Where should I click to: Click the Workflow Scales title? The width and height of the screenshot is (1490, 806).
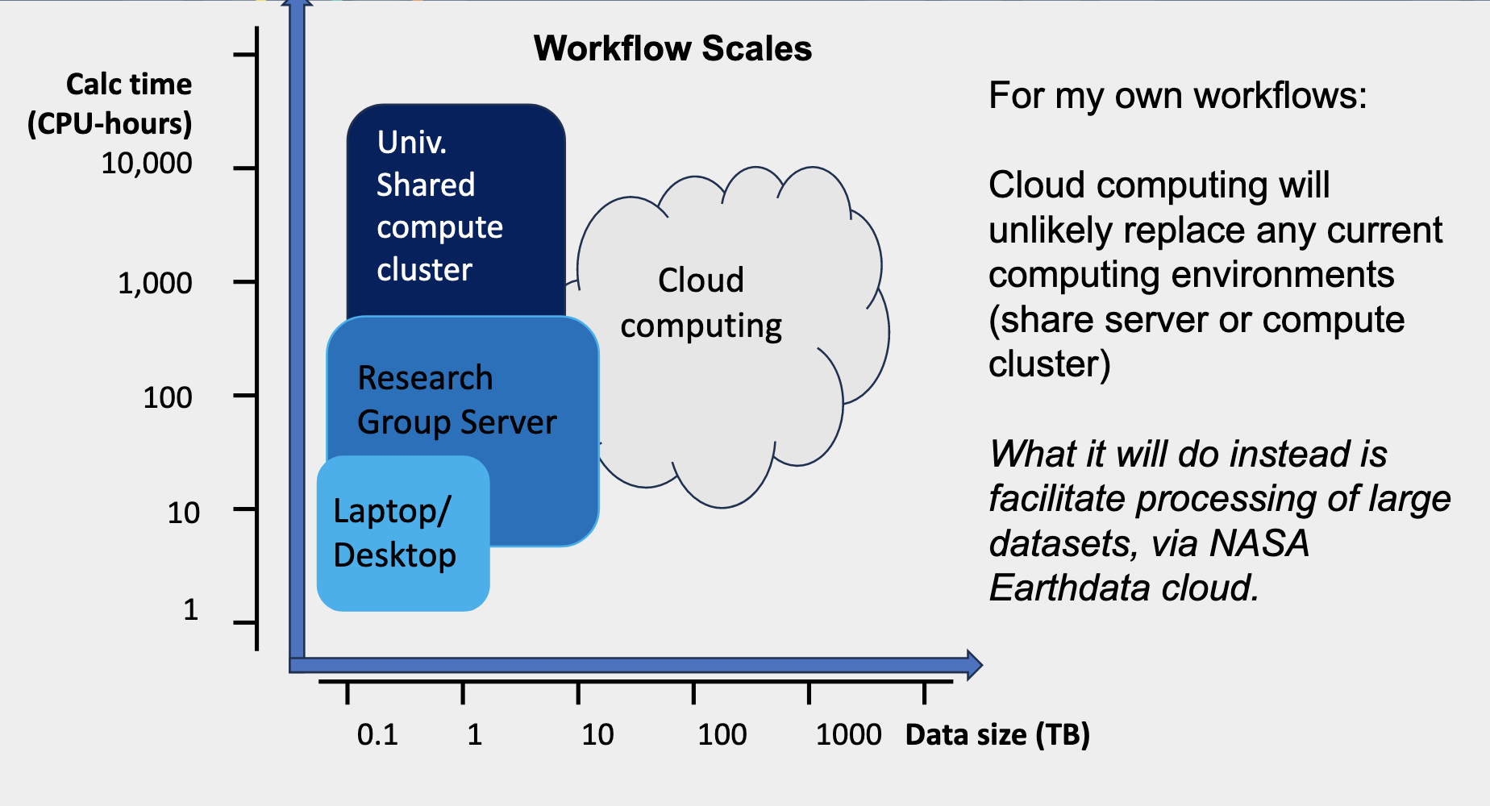[x=672, y=48]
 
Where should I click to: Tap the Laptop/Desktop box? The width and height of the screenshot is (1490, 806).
[x=403, y=534]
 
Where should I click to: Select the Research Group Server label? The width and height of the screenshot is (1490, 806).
[x=457, y=400]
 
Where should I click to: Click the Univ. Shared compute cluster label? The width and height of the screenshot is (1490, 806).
[x=440, y=206]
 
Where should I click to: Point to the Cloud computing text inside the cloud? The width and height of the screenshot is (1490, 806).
[x=701, y=303]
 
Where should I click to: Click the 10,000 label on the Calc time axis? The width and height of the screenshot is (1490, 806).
[x=147, y=164]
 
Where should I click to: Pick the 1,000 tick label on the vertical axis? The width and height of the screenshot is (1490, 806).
[x=155, y=283]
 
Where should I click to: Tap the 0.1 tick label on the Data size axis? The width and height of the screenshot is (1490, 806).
[x=377, y=734]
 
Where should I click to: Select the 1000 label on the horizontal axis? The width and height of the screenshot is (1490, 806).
[x=849, y=734]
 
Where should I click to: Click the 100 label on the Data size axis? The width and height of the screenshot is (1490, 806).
[x=722, y=734]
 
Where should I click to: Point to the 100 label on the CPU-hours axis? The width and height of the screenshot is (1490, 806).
[x=168, y=397]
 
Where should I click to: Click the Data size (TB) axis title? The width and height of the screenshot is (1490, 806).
[x=997, y=735]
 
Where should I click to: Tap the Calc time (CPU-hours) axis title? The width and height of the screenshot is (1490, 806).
[x=110, y=104]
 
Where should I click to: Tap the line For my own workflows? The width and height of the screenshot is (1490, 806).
[x=1178, y=96]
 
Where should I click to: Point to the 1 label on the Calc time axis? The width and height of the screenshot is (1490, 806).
[x=190, y=609]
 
